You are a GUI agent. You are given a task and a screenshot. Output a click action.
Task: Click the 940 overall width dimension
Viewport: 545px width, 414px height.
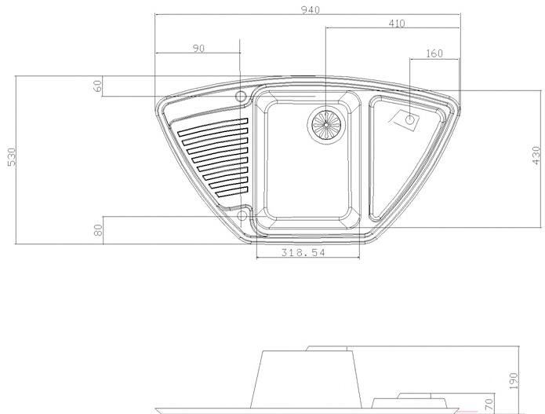(310, 10)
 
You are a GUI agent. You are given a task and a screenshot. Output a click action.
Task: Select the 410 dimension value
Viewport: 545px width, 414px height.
(397, 24)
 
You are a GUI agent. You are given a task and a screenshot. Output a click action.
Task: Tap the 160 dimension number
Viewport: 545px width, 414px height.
(434, 53)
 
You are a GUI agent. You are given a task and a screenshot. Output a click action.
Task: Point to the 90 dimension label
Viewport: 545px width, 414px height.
(198, 49)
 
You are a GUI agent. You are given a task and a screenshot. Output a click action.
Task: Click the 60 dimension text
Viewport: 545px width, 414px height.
(98, 86)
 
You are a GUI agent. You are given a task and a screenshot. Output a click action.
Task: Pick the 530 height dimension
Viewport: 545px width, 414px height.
(12, 157)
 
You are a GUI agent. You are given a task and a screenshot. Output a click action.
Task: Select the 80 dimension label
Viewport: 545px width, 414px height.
(98, 230)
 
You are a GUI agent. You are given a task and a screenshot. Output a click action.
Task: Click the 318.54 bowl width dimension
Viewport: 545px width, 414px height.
(303, 252)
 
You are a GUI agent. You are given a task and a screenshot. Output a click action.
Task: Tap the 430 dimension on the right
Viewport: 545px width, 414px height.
(536, 157)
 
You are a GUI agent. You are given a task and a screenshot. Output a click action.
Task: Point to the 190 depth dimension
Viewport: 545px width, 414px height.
(514, 381)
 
